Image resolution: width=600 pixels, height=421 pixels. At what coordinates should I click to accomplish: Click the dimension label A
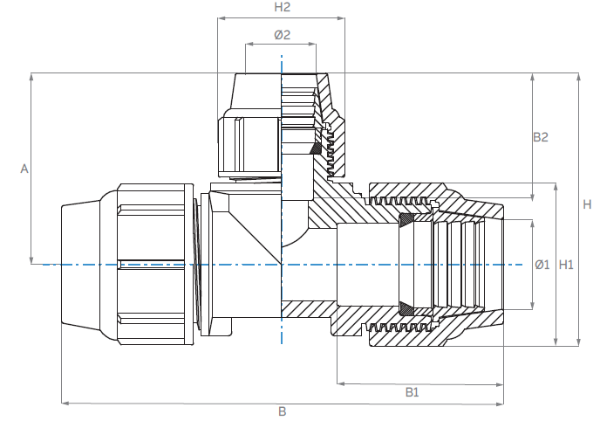point(24,169)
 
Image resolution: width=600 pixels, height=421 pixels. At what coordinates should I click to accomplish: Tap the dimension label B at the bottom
point(282,411)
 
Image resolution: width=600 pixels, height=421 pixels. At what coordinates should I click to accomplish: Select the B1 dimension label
point(412,392)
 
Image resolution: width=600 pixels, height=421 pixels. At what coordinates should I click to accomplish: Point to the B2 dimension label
point(540,137)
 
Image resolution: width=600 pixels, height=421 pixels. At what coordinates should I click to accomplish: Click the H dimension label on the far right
point(587,204)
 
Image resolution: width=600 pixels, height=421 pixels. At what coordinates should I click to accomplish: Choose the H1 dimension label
point(566,264)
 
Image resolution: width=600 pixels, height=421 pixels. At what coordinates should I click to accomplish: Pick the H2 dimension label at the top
point(282,7)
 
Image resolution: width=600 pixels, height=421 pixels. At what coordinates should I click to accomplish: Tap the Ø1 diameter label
point(541,264)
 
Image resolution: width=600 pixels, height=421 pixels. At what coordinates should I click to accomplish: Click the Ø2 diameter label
point(282,35)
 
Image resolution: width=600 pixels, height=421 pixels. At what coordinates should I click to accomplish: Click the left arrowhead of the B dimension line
point(64,403)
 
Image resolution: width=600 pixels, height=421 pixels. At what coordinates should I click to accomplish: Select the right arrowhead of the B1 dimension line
point(500,383)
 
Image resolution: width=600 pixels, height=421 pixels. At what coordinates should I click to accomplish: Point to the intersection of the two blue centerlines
point(282,264)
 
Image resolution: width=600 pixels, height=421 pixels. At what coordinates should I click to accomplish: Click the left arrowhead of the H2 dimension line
point(221,17)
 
